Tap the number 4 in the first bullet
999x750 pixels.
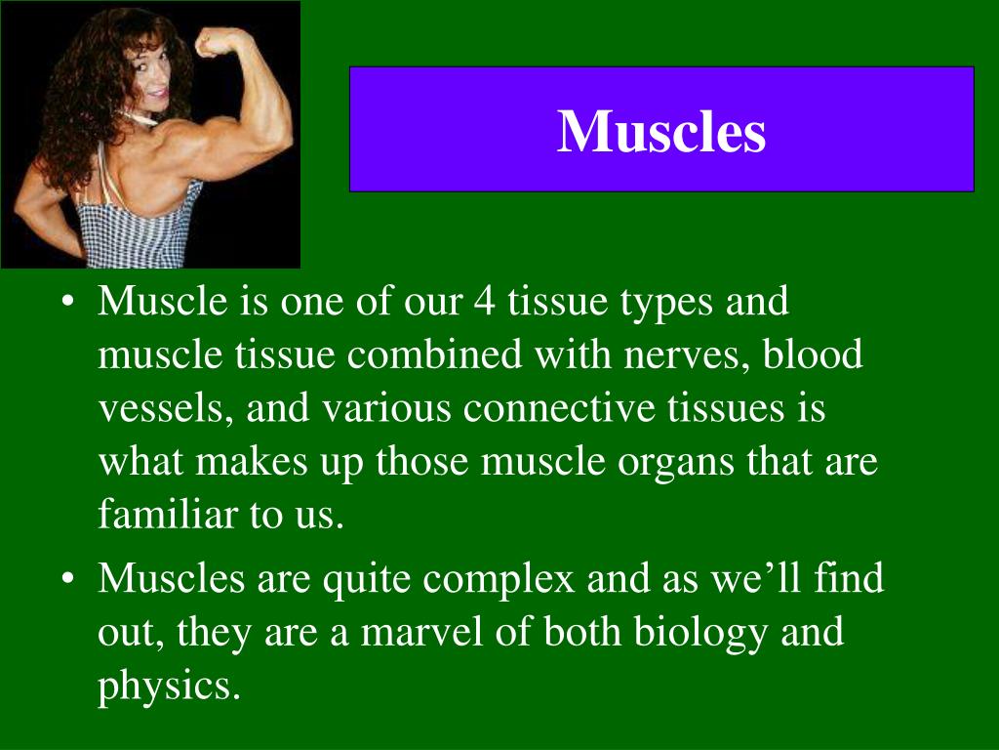point(484,303)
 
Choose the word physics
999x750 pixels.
point(168,687)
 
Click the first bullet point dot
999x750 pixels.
point(67,304)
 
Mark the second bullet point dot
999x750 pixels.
point(67,580)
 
